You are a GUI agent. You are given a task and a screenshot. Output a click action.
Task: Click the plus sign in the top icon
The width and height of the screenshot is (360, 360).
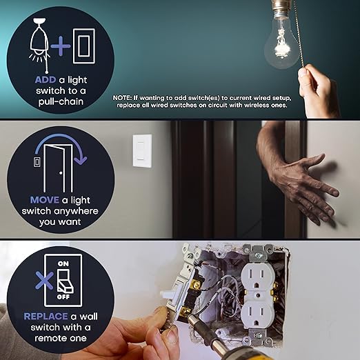click(x=63, y=46)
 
